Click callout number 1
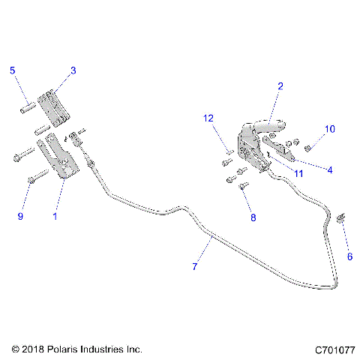point(54,216)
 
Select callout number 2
point(280,86)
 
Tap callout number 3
point(73,70)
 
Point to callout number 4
point(329,169)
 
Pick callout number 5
point(12,70)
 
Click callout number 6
point(349,256)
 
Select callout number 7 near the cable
point(196,266)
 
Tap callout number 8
point(253,217)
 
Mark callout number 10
point(329,129)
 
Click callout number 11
point(298,174)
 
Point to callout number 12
point(209,118)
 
